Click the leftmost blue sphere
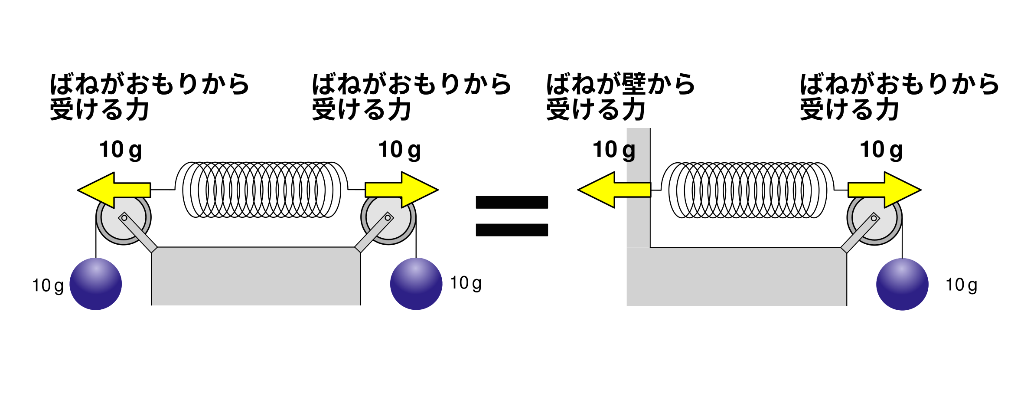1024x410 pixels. pyautogui.click(x=96, y=284)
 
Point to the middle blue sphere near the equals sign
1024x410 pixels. pyautogui.click(x=416, y=284)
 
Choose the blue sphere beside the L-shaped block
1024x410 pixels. pyautogui.click(x=902, y=285)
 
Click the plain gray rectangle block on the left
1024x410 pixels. pyautogui.click(x=256, y=276)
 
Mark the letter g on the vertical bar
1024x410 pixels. pyautogui.click(x=629, y=151)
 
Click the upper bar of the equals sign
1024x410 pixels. pyautogui.click(x=512, y=203)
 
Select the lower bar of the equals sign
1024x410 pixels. pyautogui.click(x=512, y=230)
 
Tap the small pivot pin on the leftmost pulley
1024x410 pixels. pyautogui.click(x=124, y=218)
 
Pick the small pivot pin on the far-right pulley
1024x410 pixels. pyautogui.click(x=874, y=218)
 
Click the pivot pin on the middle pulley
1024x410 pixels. pyautogui.click(x=388, y=218)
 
